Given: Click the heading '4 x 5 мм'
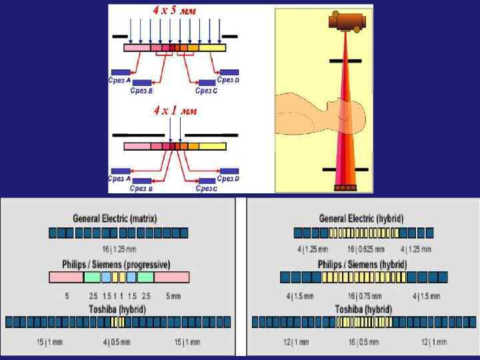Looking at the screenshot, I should coord(175,11).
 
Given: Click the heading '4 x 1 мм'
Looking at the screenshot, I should coord(175,110).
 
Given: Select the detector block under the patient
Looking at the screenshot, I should coord(345,187).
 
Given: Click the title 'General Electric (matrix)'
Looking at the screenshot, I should coord(115,219).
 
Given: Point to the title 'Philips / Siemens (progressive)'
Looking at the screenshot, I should coord(116,264).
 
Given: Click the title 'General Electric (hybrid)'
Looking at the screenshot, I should coord(361,219).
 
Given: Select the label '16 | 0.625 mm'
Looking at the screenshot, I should coord(365,249).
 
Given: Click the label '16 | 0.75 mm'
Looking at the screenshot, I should coord(364,295).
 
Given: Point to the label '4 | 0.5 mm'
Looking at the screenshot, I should coord(117,342).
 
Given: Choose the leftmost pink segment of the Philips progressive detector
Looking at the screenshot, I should coord(66,277).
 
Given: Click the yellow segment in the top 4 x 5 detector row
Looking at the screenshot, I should coord(212,47).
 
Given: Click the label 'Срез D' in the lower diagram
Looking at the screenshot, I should coord(228,179).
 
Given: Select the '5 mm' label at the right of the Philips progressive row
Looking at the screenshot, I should coord(173,295).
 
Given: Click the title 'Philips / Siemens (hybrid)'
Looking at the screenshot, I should coord(362,264).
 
